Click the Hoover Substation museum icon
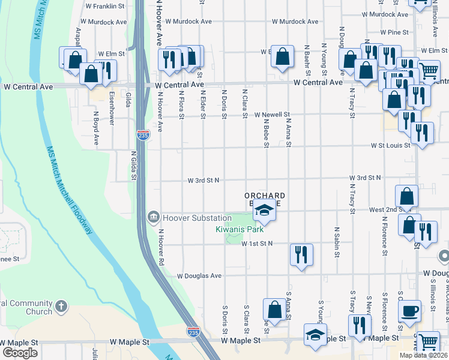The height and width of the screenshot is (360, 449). (x=154, y=217)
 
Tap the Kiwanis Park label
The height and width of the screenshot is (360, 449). (x=240, y=229)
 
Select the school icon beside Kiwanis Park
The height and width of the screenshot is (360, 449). (x=264, y=210)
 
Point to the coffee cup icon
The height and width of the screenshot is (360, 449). (x=411, y=311)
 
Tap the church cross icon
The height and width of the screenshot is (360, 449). (x=61, y=308)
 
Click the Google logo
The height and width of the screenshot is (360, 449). (x=20, y=352)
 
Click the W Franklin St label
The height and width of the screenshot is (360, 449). (x=105, y=5)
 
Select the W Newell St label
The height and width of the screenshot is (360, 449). (x=272, y=115)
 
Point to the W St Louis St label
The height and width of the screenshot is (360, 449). (x=390, y=145)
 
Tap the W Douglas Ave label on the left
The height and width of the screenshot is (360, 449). (x=199, y=276)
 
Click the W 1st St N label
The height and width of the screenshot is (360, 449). (x=258, y=243)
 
